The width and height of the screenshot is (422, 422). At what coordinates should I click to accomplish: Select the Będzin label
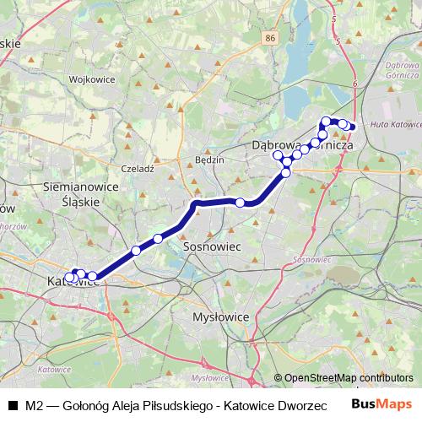click(208, 160)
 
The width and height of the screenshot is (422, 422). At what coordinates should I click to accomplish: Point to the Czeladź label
click(138, 169)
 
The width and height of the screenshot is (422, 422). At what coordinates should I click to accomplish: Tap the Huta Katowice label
click(396, 126)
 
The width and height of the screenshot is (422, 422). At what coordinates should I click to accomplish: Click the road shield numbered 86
click(269, 39)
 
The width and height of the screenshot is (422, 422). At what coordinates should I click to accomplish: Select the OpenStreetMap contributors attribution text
click(343, 377)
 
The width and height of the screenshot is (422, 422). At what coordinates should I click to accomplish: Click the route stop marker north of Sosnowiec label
click(241, 202)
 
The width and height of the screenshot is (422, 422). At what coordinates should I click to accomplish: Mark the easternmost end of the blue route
click(352, 127)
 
